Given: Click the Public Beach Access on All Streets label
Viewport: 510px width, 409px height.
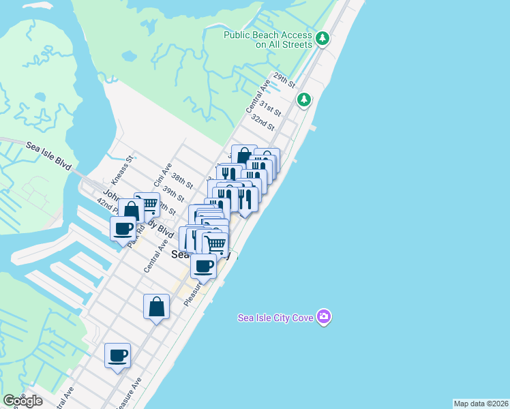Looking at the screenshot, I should point(269,40).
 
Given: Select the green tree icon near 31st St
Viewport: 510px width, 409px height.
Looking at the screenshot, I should point(304,100).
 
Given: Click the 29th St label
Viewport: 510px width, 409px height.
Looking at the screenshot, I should point(283,80).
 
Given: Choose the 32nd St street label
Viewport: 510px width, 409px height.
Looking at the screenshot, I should point(262,122).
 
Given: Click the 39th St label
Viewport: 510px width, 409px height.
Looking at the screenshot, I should point(173,195).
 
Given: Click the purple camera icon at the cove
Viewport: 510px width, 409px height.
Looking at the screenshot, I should point(324,316).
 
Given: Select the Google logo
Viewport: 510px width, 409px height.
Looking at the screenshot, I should point(22,401).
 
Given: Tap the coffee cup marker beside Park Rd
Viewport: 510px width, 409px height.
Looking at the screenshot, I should point(123,228).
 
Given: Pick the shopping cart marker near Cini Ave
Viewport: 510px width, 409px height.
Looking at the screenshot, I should point(147,204).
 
